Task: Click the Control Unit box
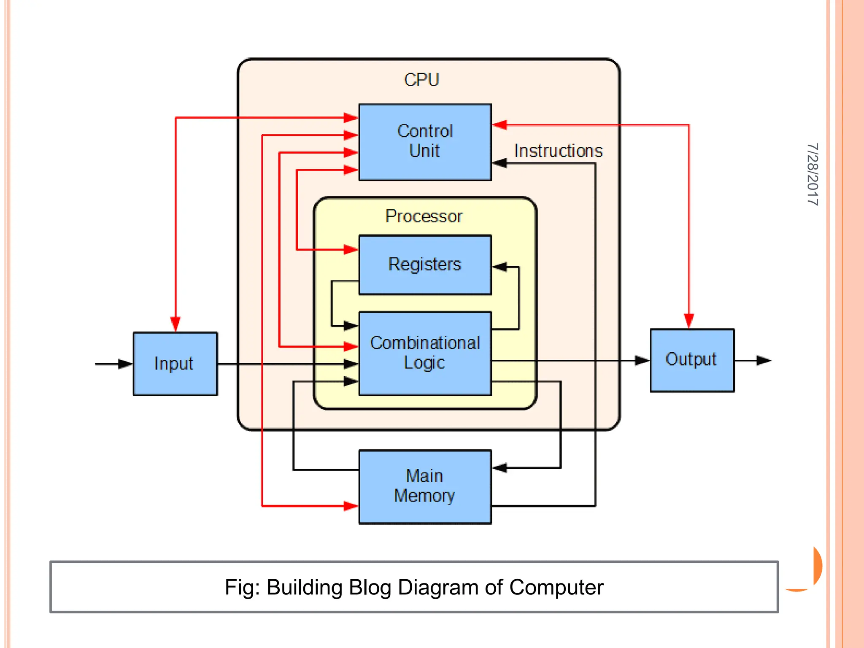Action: point(425,142)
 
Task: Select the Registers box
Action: point(425,265)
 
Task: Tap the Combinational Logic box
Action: point(425,353)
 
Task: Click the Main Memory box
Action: point(425,486)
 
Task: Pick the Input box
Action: point(175,364)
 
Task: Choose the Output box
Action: point(692,360)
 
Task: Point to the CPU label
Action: point(421,80)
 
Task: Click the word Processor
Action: point(424,216)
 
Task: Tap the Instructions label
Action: point(558,151)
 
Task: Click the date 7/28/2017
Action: point(812,174)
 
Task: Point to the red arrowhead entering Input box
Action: point(175,324)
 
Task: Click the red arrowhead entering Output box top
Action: point(689,321)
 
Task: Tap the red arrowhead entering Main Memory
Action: point(351,505)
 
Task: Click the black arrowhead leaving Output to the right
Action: point(764,360)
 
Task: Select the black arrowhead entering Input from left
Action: point(125,364)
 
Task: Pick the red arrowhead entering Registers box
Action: point(351,250)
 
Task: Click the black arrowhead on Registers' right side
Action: point(500,267)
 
